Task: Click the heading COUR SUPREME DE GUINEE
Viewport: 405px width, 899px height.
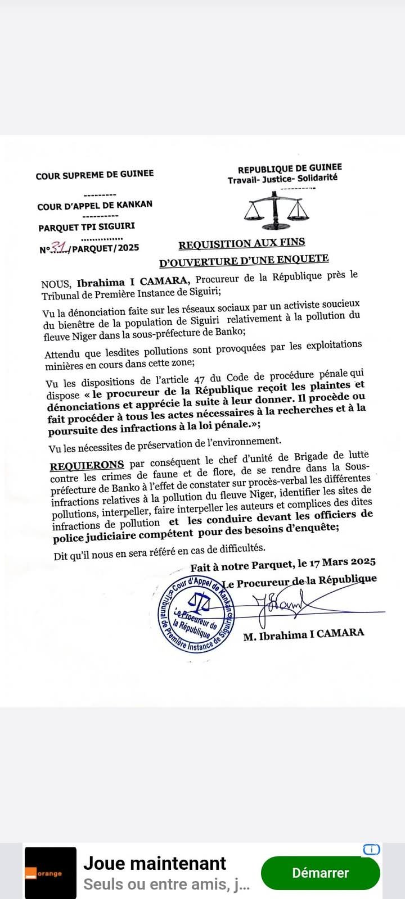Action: tap(94, 175)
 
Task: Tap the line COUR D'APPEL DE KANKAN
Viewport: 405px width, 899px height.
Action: tap(94, 205)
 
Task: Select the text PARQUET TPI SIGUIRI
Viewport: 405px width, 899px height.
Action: tap(87, 227)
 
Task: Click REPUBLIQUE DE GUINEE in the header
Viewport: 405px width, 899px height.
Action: tap(290, 168)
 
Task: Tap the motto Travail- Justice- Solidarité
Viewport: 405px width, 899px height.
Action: tap(282, 179)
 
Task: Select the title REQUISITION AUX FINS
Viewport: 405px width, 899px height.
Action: tap(242, 243)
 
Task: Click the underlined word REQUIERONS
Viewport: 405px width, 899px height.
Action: tap(87, 465)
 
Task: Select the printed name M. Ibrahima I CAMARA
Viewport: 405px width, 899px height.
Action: tap(304, 634)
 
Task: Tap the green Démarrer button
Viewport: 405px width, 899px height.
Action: tap(320, 873)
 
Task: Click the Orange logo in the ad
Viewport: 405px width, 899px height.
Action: tap(50, 873)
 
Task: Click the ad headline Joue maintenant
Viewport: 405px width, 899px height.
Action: tap(155, 863)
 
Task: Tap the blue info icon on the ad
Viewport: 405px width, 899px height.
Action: tap(371, 850)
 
